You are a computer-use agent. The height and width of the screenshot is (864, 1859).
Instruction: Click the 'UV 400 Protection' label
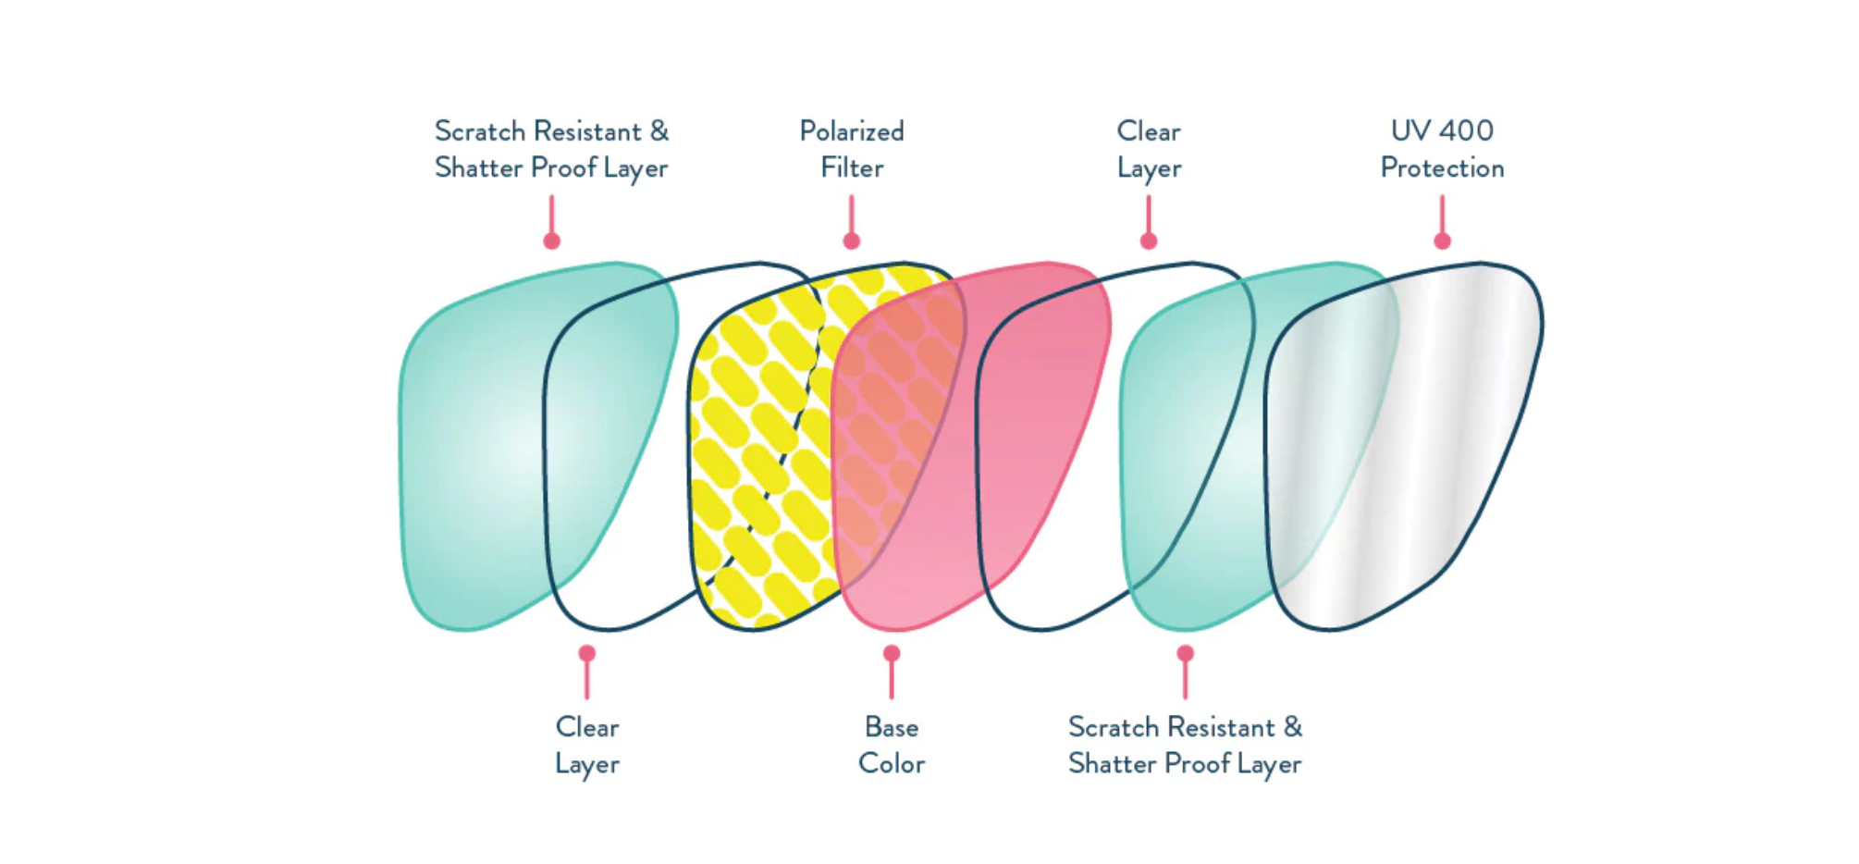point(1442,149)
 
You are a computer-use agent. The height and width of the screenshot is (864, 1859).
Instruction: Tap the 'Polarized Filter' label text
point(852,149)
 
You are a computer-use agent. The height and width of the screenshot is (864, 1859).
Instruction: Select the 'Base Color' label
point(892,746)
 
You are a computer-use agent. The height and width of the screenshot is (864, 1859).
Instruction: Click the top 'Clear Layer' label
point(1149,149)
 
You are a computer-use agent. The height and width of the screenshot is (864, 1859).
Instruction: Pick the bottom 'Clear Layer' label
point(587,746)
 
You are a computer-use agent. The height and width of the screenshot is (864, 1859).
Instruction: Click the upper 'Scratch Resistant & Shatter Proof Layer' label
point(551,149)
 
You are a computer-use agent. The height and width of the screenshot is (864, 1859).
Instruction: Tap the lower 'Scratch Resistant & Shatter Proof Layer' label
point(1185,746)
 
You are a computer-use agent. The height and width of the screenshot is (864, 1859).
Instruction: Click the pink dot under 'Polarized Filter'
point(852,241)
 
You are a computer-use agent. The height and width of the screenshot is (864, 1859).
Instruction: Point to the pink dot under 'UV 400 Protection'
point(1442,241)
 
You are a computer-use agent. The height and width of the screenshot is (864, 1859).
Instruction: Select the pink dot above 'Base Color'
point(892,653)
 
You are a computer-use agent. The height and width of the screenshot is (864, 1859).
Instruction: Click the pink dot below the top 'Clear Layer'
point(1149,241)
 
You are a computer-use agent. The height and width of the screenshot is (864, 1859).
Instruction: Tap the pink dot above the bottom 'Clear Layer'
point(587,653)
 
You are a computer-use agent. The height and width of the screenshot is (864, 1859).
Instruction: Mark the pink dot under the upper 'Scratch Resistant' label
point(552,241)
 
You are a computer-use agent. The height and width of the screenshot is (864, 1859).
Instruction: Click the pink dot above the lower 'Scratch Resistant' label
point(1185,653)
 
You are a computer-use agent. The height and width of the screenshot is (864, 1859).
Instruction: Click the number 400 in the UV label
point(1468,130)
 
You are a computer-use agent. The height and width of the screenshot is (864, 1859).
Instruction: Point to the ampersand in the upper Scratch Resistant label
point(659,130)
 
